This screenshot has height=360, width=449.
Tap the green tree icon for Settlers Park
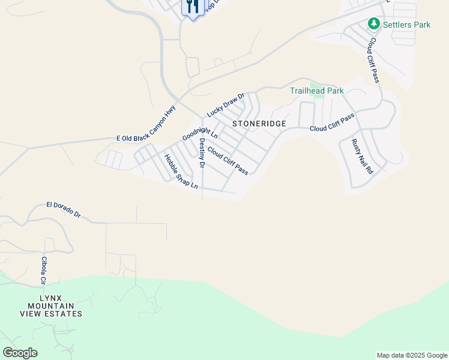point(374,23)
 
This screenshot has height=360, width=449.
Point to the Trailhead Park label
point(316,91)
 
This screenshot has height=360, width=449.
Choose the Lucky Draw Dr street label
point(226,105)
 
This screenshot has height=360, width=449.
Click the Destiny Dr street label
point(202,153)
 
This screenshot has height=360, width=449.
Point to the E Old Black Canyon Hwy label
point(146,124)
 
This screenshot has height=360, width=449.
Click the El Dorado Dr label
point(63,209)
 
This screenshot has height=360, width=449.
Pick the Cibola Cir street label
point(44,271)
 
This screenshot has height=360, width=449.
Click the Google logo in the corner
point(20,353)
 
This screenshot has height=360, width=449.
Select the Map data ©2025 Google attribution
point(412,355)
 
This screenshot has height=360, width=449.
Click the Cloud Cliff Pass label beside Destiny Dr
point(228,161)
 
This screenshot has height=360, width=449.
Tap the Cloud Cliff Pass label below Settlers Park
point(373,61)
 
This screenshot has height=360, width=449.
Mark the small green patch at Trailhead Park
point(319,92)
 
